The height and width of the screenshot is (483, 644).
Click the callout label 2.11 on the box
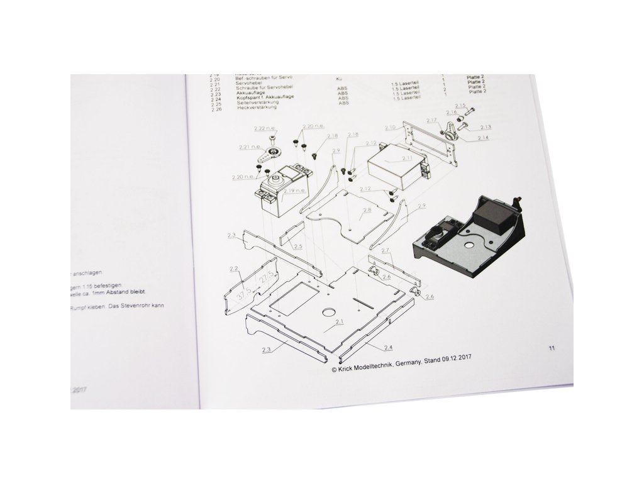coord(408,158)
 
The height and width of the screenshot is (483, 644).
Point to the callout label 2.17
coord(431,119)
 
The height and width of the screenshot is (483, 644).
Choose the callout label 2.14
coord(484,137)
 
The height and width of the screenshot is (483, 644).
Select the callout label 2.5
coord(298,245)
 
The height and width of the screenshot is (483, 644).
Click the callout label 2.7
coord(386,250)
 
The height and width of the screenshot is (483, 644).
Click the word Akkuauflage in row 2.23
coord(251,93)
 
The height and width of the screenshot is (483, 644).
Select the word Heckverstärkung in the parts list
coord(257,109)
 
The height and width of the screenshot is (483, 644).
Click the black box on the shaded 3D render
coord(494,216)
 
